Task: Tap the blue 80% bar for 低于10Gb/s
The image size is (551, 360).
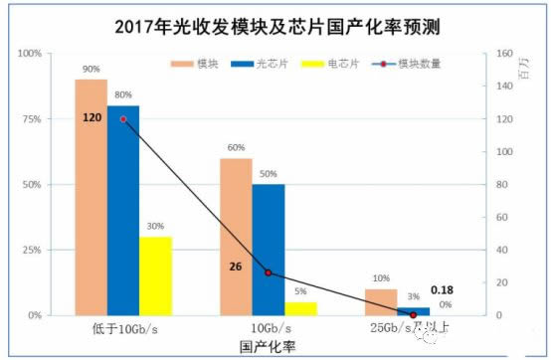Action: tap(123, 210)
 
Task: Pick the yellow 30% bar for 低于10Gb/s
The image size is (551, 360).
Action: tap(155, 275)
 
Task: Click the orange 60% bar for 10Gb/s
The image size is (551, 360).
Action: tap(236, 237)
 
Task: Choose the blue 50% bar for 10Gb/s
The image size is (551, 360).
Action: tap(268, 250)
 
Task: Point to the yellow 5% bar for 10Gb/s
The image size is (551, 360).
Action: tap(299, 308)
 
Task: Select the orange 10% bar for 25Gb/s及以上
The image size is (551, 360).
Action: tap(380, 302)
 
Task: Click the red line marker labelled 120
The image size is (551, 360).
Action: tap(123, 118)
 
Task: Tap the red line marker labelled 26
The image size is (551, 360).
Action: tap(268, 272)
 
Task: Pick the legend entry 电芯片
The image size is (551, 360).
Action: tap(330, 63)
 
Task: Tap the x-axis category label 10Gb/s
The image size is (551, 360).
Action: tap(268, 328)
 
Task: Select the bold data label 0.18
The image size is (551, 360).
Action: tap(441, 290)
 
